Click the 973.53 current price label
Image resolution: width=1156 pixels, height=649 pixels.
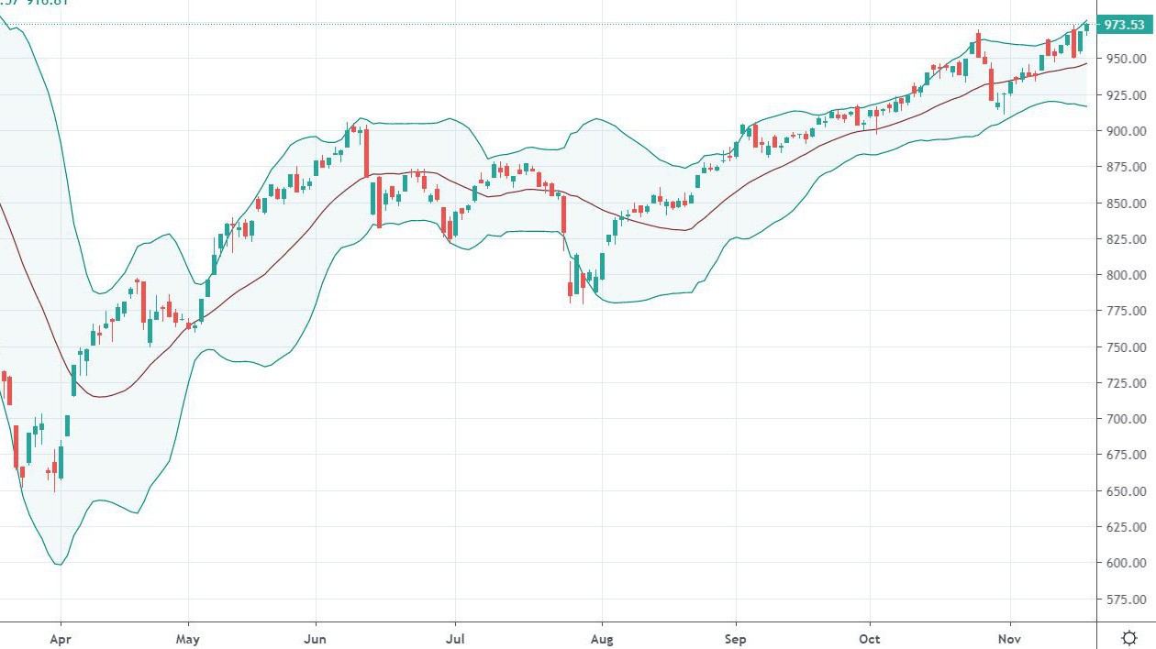tap(1124, 25)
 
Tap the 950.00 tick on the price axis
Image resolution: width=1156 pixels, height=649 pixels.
tap(1124, 60)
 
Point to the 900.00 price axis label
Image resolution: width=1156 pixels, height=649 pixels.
tap(1124, 131)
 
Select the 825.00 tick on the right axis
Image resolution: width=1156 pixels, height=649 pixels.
tap(1124, 239)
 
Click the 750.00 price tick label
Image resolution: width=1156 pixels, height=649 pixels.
tap(1124, 347)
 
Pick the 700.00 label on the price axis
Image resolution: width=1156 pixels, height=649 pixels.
tap(1124, 419)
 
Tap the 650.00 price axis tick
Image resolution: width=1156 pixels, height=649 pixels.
tap(1124, 491)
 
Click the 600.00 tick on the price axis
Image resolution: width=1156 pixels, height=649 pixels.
tap(1124, 563)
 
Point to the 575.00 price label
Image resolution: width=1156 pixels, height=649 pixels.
tap(1124, 599)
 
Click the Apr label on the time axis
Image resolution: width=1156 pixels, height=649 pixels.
tap(61, 637)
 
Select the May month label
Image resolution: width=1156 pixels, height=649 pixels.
tap(188, 637)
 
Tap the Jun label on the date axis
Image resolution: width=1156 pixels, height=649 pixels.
tap(316, 637)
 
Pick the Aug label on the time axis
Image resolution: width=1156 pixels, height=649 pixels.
tap(602, 637)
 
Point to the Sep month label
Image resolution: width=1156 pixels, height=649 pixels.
tap(735, 637)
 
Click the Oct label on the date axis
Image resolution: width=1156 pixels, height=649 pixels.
tap(870, 637)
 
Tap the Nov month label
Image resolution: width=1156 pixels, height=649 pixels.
tap(1009, 637)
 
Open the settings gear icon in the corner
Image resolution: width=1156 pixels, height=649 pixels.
tap(1129, 637)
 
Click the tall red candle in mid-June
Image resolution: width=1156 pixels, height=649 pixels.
tap(366, 152)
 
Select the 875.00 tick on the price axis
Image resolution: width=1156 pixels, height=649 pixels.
tap(1124, 167)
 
